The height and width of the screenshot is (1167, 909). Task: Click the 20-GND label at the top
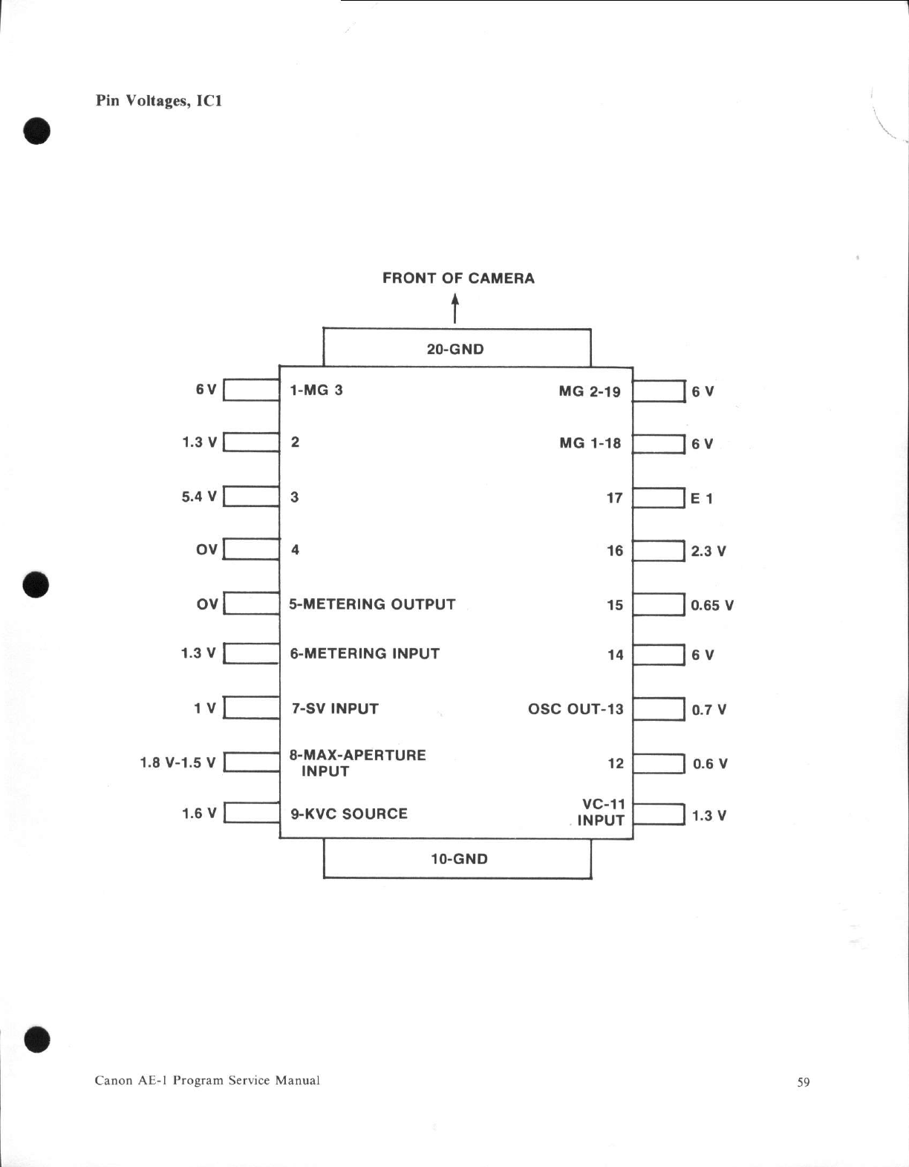[x=455, y=349]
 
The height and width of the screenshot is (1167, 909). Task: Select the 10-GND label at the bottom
[x=459, y=859]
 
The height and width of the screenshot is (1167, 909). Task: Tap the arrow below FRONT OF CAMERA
[x=454, y=308]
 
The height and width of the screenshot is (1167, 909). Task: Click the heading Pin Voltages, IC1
[x=159, y=100]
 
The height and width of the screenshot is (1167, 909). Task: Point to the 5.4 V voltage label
[x=199, y=496]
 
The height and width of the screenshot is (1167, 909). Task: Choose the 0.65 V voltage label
[x=712, y=605]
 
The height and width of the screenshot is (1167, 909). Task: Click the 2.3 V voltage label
[x=708, y=551]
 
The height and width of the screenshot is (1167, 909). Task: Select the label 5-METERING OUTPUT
[x=372, y=604]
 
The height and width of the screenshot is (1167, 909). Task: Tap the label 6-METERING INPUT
[x=365, y=653]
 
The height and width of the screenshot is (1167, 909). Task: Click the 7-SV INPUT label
[x=335, y=708]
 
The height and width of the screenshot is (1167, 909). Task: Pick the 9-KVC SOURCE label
[x=349, y=814]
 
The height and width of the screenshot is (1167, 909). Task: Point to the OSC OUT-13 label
[x=576, y=708]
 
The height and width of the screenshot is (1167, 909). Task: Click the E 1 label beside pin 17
[x=702, y=498]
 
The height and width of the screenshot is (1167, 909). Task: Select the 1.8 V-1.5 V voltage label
[x=177, y=762]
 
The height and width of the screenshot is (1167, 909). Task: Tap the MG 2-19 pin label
[x=590, y=391]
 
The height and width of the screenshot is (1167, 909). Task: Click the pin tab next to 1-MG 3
[x=251, y=390]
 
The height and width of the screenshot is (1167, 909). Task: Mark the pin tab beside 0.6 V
[x=658, y=763]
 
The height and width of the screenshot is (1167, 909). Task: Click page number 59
[x=804, y=1082]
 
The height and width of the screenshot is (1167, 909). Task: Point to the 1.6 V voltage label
[x=199, y=814]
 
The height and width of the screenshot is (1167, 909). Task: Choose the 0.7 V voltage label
[x=709, y=710]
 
